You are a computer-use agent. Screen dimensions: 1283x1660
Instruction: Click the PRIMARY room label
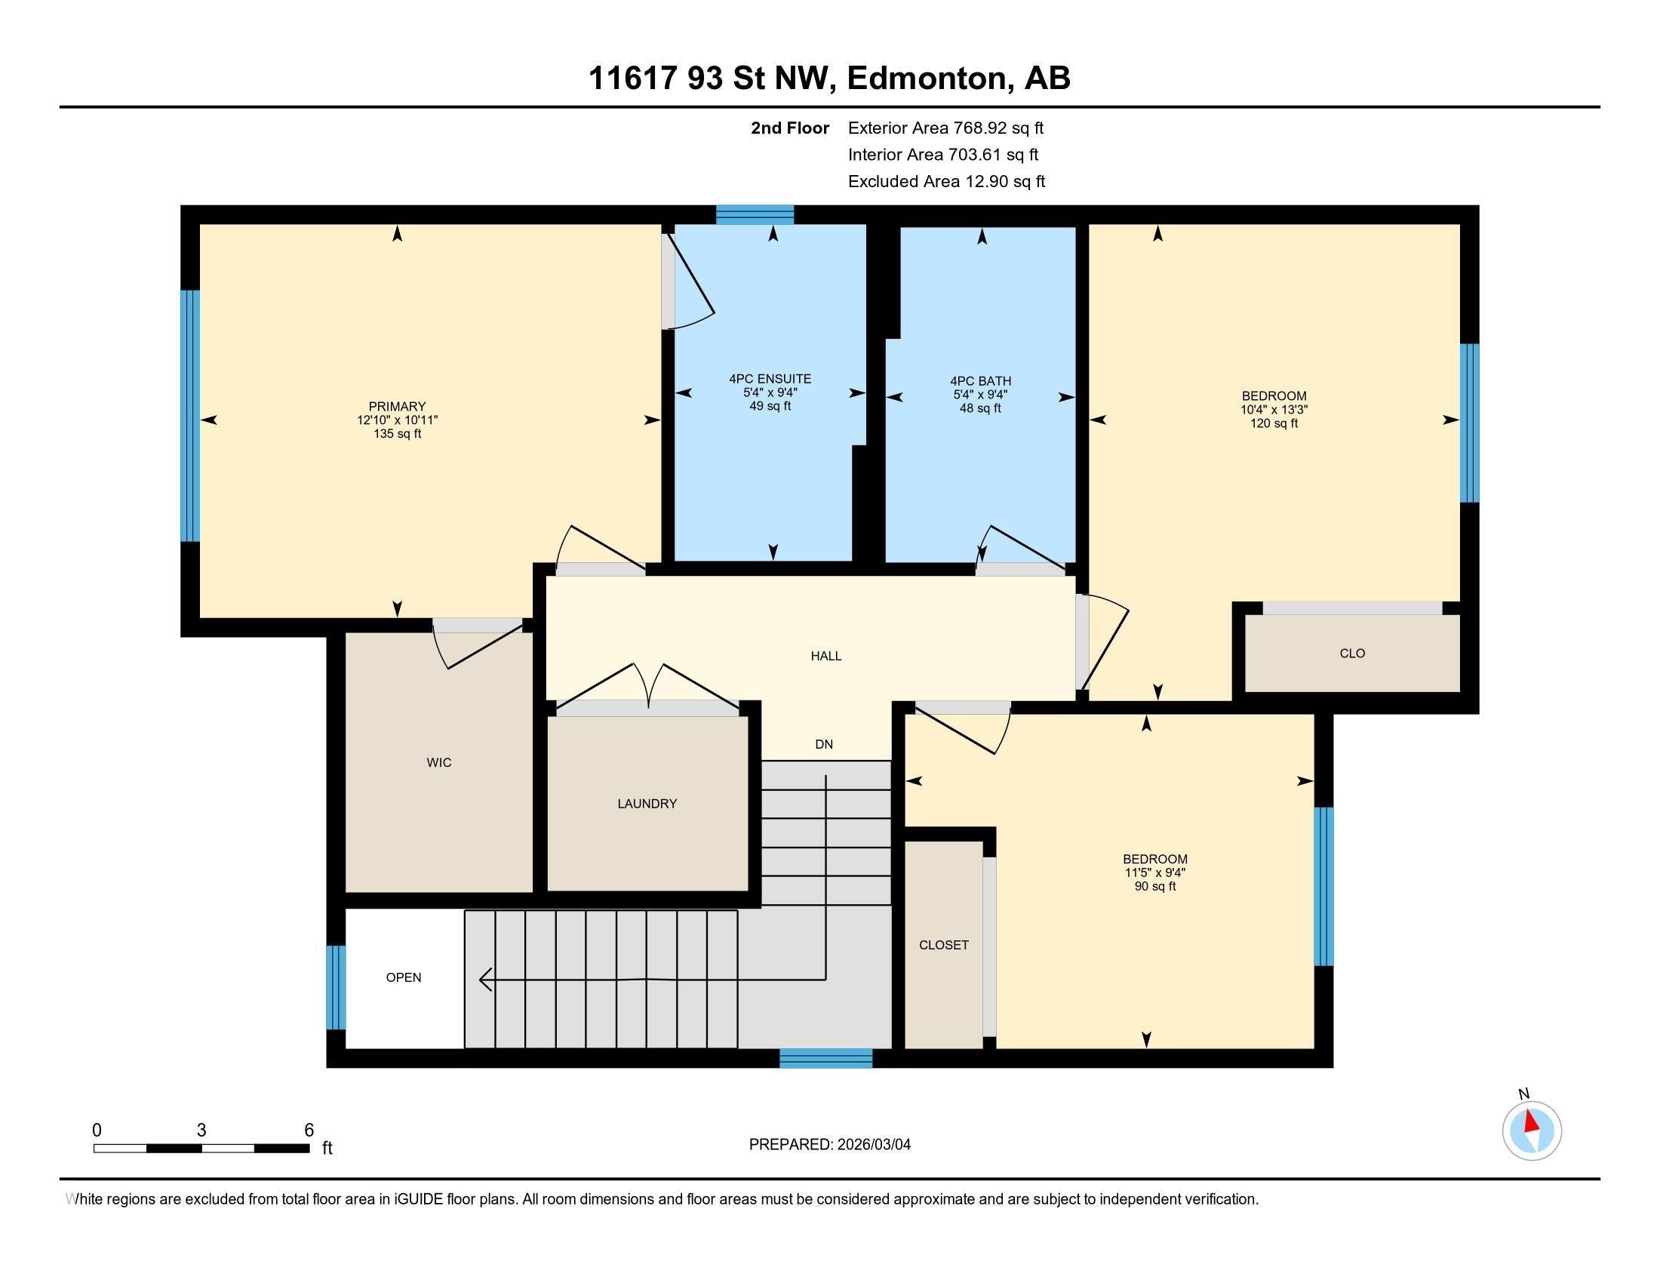[397, 407]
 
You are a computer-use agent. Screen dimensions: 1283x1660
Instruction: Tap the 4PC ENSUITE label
[770, 379]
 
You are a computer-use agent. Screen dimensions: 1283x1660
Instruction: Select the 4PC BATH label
[979, 381]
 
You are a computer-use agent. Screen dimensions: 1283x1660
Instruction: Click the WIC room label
[438, 762]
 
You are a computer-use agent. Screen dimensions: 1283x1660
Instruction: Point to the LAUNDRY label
[647, 804]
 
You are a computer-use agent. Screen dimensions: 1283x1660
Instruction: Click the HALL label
[825, 656]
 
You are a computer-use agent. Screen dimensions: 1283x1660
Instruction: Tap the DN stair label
[824, 744]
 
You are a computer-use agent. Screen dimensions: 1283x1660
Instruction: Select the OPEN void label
[403, 977]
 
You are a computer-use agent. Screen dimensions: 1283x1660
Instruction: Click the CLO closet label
[1352, 653]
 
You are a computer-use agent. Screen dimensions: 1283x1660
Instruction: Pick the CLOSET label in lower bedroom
[943, 945]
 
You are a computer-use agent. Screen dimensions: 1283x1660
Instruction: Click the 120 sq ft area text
[1274, 423]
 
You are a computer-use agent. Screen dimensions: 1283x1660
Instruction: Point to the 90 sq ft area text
[1154, 886]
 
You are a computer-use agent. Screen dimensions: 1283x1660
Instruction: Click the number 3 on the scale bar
[201, 1131]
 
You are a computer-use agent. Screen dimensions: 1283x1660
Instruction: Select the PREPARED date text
[829, 1145]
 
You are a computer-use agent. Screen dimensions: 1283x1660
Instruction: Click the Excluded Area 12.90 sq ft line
[946, 182]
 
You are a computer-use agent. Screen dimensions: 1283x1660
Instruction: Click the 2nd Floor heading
[790, 128]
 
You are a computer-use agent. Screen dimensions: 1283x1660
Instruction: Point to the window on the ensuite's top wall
[755, 215]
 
